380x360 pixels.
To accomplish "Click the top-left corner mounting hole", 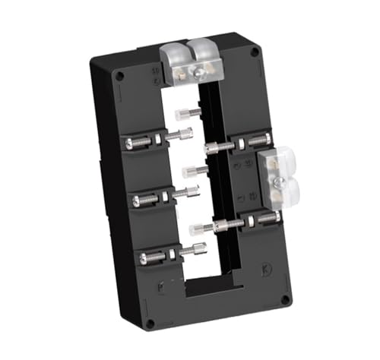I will tap(119, 76).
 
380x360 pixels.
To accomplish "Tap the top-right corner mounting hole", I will tap(255, 52).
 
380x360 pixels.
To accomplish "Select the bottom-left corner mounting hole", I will tap(150, 323).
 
